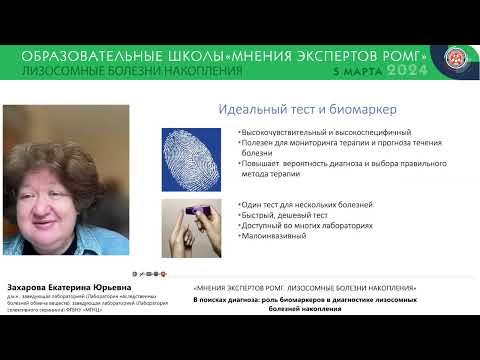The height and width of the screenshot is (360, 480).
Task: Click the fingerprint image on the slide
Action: (190, 158)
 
